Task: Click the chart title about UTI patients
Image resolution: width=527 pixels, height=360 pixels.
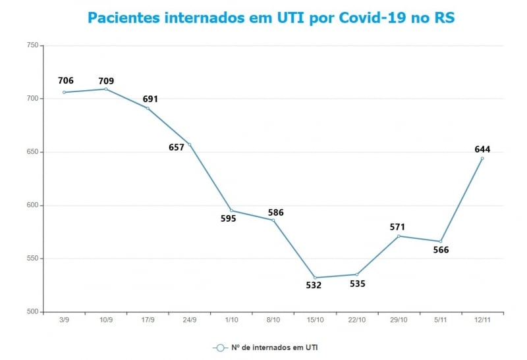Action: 271,18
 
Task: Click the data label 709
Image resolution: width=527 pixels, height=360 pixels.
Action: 106,82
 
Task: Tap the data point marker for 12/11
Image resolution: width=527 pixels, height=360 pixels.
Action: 482,158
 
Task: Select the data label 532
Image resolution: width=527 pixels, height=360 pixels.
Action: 314,285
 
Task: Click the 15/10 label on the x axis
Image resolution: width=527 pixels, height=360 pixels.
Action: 315,320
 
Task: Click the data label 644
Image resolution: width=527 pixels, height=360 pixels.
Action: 482,149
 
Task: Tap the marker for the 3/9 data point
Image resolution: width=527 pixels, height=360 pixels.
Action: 64,92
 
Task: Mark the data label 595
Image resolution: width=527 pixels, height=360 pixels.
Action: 228,219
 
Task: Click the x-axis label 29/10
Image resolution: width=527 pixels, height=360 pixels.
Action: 399,320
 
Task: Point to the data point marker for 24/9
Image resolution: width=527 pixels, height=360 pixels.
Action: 190,144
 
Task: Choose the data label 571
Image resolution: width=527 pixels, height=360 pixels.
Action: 398,228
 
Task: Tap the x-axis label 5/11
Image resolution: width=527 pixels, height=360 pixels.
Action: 441,320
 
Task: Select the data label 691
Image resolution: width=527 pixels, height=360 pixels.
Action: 150,99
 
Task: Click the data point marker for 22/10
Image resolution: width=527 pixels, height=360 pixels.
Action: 357,274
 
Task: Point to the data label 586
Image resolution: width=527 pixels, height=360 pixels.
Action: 275,213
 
